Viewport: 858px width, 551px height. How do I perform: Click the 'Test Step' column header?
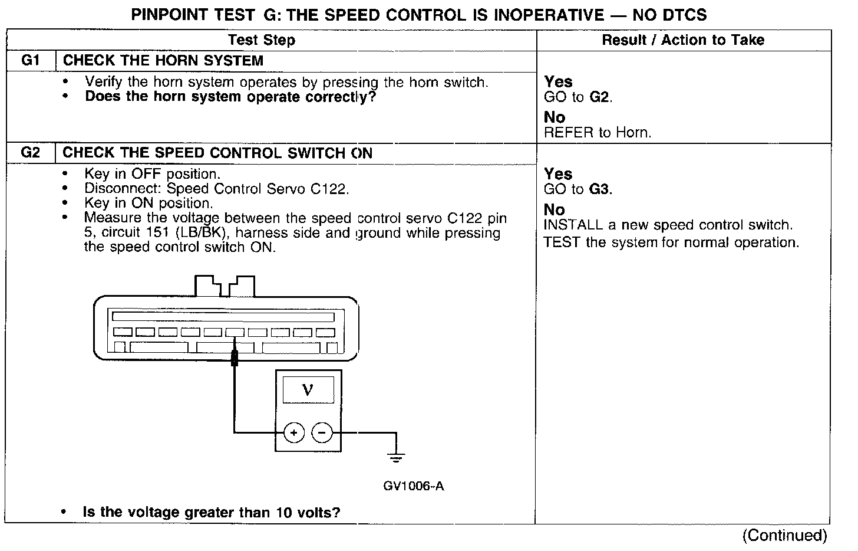[x=262, y=40]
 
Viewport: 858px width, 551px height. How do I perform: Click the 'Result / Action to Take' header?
[x=683, y=40]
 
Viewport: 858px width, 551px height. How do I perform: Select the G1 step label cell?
[x=30, y=60]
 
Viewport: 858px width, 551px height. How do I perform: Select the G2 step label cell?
[x=30, y=153]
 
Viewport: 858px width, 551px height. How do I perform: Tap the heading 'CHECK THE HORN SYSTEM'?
[x=163, y=61]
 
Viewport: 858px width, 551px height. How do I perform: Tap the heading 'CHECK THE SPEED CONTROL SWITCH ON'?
[x=217, y=153]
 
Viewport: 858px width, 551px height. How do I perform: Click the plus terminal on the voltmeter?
[x=293, y=433]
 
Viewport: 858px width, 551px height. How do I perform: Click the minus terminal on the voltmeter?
[x=322, y=433]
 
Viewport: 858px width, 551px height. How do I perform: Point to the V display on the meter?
[x=308, y=390]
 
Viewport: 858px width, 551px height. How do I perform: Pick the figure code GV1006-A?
[x=413, y=486]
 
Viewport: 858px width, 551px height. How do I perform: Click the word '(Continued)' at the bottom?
[x=784, y=535]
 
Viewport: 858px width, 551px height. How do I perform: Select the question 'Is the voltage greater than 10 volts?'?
[x=212, y=512]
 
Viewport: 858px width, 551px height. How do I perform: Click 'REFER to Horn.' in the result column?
[x=598, y=133]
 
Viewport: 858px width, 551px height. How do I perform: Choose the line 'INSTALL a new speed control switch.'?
[x=668, y=225]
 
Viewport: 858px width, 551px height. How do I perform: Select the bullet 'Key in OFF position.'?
[x=152, y=174]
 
